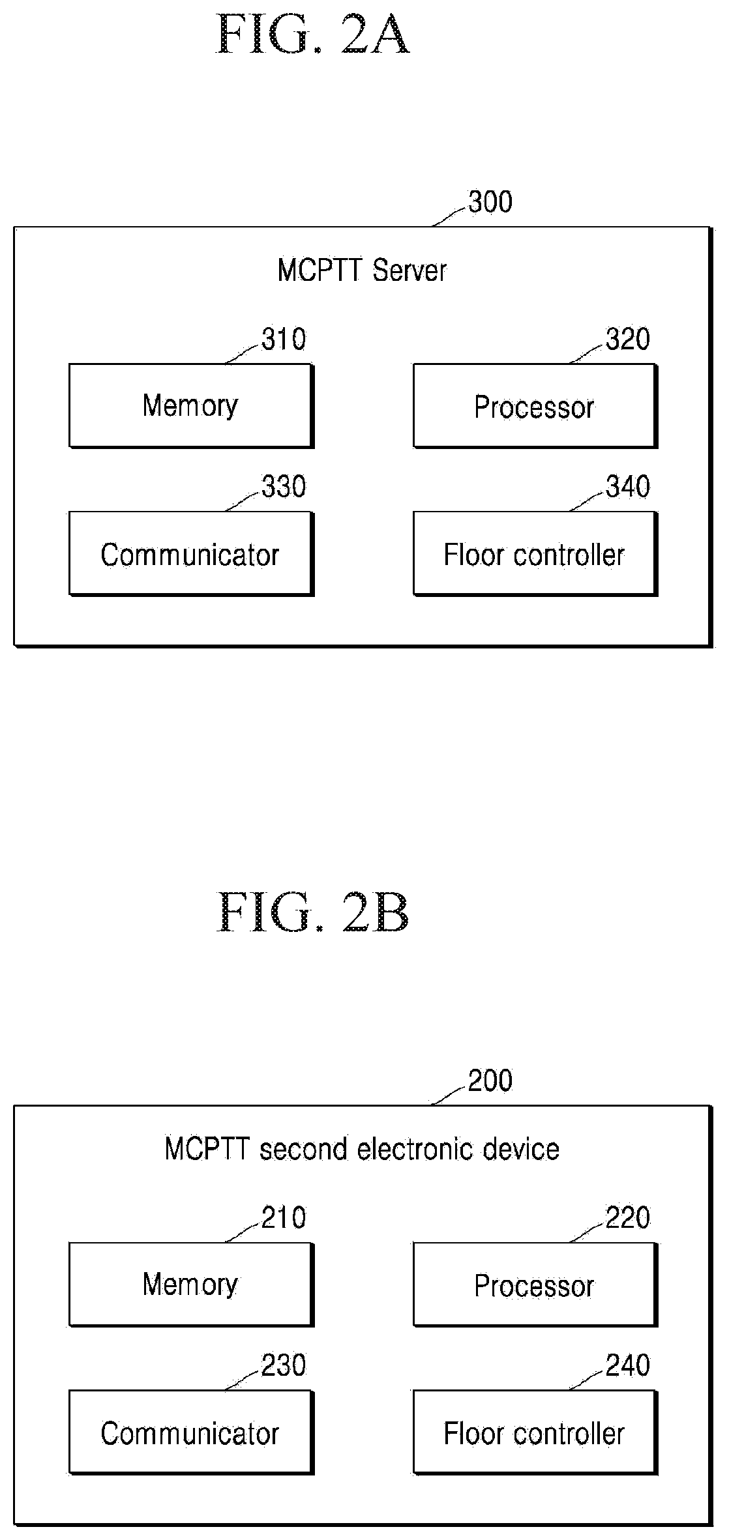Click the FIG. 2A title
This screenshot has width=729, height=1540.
[x=312, y=35]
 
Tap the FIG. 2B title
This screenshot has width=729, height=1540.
[x=312, y=913]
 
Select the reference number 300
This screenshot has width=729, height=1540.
[x=490, y=202]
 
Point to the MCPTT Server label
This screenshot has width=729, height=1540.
[x=362, y=270]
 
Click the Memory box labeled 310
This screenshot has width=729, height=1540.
[x=191, y=406]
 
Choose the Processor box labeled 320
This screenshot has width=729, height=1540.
[x=535, y=406]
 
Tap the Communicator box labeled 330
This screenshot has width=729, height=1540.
[x=191, y=554]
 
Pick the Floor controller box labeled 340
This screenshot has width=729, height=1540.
[x=535, y=554]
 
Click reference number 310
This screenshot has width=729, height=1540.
[x=284, y=340]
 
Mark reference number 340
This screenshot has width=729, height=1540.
[x=628, y=487]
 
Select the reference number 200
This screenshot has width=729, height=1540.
[x=490, y=1081]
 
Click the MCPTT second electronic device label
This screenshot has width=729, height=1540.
[x=362, y=1150]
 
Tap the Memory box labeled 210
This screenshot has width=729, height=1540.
[x=191, y=1285]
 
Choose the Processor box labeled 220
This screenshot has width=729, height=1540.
[x=535, y=1285]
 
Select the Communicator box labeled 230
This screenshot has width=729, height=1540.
[x=191, y=1433]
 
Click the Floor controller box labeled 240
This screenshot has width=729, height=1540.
[x=535, y=1433]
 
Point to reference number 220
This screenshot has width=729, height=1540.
[x=628, y=1218]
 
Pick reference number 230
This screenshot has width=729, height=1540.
[x=284, y=1366]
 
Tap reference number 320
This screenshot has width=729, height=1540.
[x=628, y=340]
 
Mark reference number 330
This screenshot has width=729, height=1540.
[x=284, y=487]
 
